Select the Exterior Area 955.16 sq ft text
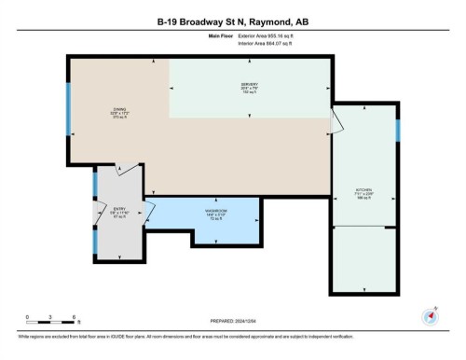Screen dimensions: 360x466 point(263,35)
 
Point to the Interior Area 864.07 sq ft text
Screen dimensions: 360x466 point(263,43)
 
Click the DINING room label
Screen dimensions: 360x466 point(120,109)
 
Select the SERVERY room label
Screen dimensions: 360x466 point(249,86)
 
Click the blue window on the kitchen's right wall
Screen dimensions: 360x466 point(398,131)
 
